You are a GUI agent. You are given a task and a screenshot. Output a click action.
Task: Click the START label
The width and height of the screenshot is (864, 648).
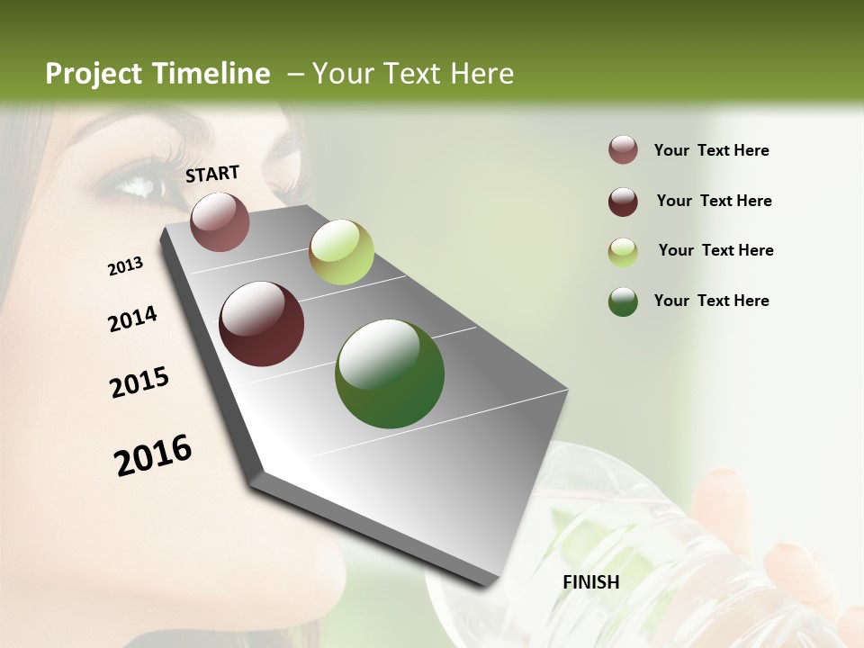(212, 173)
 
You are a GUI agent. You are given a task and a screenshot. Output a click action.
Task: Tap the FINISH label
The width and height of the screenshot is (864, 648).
(591, 582)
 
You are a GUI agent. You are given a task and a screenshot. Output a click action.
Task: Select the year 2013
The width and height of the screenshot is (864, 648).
(125, 266)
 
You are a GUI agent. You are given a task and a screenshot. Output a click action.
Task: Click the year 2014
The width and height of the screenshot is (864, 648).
(132, 319)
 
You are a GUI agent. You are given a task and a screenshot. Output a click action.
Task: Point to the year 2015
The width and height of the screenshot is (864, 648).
(139, 382)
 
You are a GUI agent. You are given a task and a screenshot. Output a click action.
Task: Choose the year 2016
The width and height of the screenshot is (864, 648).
(153, 454)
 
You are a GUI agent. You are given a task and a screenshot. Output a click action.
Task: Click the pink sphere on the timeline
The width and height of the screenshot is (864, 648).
(220, 221)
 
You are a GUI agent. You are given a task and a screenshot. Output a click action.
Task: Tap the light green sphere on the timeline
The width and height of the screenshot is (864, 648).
(341, 252)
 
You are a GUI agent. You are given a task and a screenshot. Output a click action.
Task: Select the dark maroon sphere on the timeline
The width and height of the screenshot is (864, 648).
(262, 324)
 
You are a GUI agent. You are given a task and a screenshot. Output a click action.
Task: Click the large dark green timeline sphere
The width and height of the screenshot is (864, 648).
(390, 373)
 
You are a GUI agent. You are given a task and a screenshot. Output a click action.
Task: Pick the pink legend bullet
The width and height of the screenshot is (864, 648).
(623, 150)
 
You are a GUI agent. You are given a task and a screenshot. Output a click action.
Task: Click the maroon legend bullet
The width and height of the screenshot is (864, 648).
(623, 201)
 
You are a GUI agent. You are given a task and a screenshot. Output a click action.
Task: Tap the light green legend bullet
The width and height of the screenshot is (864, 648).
(623, 251)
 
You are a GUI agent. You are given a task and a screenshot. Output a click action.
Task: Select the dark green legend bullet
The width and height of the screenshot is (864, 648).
(623, 301)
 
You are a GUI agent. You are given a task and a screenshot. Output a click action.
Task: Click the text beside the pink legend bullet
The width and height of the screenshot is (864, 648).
(712, 150)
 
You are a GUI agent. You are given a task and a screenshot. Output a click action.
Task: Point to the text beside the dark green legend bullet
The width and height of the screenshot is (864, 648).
(712, 301)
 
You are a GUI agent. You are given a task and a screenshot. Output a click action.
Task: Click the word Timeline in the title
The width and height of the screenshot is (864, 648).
(211, 74)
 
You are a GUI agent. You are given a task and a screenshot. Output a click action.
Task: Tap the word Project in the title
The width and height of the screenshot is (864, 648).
(94, 74)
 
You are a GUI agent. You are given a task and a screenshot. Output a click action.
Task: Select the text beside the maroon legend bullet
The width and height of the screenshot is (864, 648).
(714, 201)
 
